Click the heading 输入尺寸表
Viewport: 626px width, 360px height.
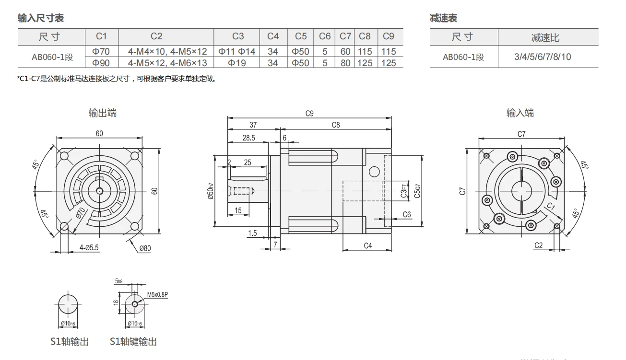[x=41, y=18]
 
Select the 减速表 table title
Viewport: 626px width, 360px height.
[x=443, y=18]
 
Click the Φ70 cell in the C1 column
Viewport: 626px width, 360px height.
[x=101, y=51]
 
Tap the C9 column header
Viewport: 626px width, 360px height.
[x=389, y=36]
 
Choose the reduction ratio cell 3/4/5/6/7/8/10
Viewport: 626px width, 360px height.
[x=543, y=57]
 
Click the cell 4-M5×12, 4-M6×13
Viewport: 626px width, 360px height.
[x=167, y=62]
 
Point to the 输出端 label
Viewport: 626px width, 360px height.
[x=102, y=113]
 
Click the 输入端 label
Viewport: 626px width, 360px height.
[x=520, y=113]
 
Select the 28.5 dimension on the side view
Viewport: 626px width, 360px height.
[x=248, y=138]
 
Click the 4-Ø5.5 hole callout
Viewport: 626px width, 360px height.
[x=89, y=247]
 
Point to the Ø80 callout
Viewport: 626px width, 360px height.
[x=145, y=248]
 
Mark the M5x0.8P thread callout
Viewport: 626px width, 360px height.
[x=157, y=294]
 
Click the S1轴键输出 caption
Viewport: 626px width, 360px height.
[x=133, y=342]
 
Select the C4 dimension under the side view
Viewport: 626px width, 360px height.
[x=367, y=246]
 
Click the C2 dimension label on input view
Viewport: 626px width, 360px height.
[x=538, y=245]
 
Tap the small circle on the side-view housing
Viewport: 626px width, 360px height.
[x=374, y=171]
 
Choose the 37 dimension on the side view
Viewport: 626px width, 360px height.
[x=253, y=125]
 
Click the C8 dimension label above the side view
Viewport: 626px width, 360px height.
[x=336, y=125]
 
